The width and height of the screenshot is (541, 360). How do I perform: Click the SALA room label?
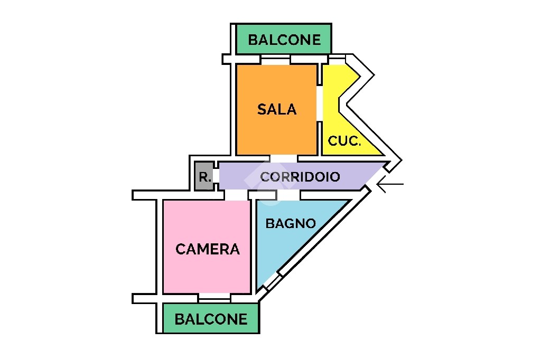[x=277, y=109]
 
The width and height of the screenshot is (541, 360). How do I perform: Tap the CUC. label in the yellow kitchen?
[x=344, y=141]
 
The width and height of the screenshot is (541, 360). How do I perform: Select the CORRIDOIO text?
[x=300, y=176]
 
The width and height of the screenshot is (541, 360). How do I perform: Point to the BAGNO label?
[x=291, y=223]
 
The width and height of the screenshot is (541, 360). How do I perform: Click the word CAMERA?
[x=207, y=249]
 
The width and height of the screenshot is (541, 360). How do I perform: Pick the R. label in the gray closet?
[x=204, y=177]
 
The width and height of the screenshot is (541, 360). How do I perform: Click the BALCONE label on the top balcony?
[x=284, y=40]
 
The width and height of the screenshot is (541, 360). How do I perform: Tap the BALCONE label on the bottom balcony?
[x=211, y=319]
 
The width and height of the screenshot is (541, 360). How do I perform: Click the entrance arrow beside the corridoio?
[x=389, y=184]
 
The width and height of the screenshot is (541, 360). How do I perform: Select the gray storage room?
[x=204, y=176]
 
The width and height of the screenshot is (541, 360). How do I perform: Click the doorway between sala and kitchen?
[x=320, y=103]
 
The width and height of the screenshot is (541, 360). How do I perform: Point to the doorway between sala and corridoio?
[x=283, y=158]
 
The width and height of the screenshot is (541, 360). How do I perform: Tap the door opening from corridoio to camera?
[x=236, y=195]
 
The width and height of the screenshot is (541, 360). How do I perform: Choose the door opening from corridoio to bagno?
[x=288, y=195]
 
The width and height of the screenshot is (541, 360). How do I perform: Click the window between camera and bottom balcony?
[x=214, y=298]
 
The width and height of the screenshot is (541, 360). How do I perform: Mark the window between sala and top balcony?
[x=275, y=59]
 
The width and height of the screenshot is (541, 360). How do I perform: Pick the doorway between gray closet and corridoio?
[x=216, y=176]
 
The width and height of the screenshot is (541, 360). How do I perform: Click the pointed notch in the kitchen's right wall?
[x=342, y=102]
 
